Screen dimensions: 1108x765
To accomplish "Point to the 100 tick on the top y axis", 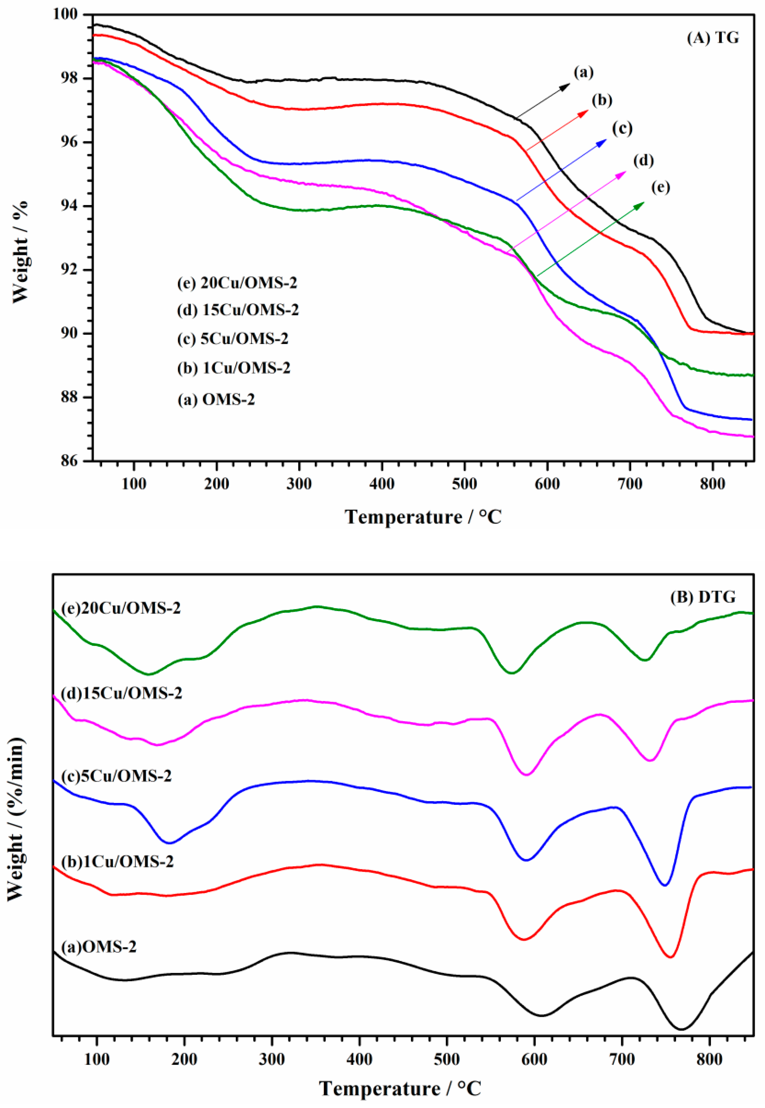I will (69, 14).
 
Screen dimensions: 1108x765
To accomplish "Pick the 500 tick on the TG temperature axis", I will (464, 484).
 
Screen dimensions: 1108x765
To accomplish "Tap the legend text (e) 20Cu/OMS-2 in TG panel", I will (237, 283).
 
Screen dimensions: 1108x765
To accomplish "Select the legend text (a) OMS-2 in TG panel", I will (216, 399).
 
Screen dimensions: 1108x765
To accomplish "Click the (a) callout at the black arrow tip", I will (583, 72).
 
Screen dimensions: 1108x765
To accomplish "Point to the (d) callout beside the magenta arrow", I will (643, 161).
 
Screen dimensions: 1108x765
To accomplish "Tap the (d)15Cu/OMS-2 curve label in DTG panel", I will (122, 693).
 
